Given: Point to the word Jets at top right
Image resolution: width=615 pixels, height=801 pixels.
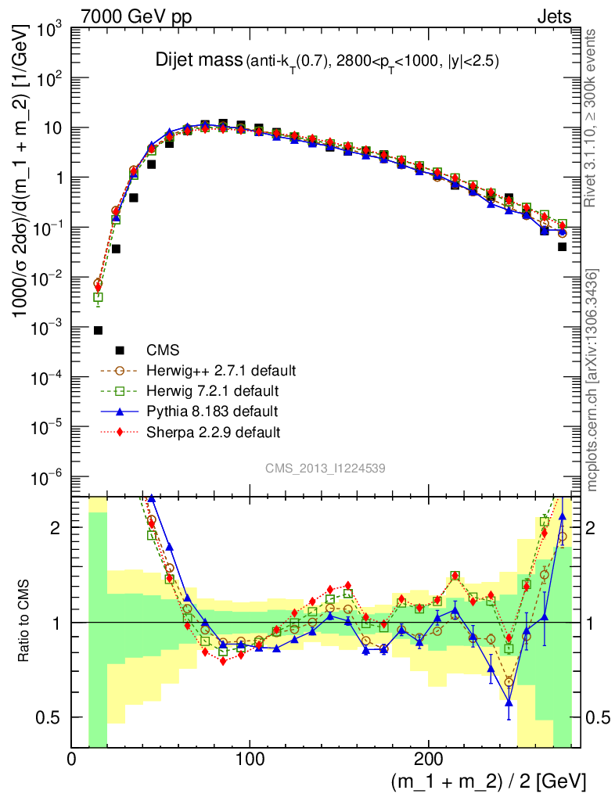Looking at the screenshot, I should [554, 16].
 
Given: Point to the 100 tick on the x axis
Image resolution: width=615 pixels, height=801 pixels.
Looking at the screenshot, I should [250, 758].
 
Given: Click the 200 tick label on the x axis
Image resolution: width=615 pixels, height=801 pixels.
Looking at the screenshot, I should [428, 758].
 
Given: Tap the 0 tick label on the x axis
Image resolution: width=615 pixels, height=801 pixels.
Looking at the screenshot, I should [72, 758].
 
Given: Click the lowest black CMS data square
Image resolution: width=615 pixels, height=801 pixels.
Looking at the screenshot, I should [98, 330].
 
